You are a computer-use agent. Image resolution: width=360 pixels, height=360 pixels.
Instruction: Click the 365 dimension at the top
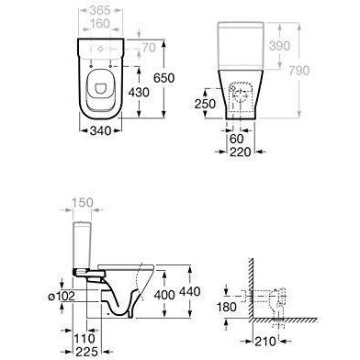(100, 10)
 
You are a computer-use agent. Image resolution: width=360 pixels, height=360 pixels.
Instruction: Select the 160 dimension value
(100, 24)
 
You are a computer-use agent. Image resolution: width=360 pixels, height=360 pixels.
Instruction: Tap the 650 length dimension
(163, 78)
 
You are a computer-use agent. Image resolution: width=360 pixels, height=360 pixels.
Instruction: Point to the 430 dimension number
(139, 92)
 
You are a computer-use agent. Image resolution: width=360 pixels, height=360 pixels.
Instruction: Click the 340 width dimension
(100, 130)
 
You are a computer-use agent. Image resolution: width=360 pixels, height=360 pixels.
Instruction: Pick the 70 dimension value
(149, 48)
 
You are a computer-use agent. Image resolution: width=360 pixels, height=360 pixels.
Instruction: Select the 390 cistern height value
(279, 46)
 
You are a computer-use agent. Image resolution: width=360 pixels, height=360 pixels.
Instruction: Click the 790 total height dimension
(299, 71)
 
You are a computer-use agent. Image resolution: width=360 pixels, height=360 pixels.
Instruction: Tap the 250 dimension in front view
(205, 104)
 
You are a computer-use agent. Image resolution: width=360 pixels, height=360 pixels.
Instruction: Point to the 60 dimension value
(236, 139)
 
